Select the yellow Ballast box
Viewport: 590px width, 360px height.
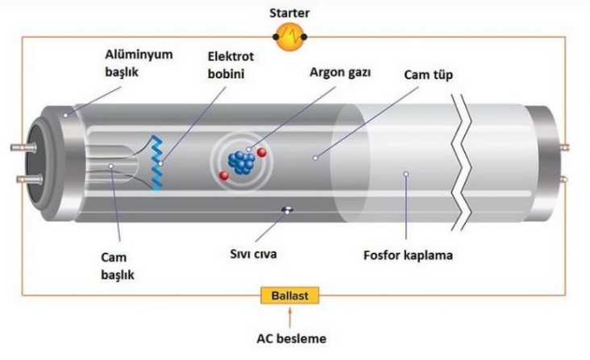[289, 296]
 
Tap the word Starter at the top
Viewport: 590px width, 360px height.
[289, 11]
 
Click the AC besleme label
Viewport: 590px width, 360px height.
[290, 339]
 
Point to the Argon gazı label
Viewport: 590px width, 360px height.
[339, 72]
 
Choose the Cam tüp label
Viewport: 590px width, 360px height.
[427, 76]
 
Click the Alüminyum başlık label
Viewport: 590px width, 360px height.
[131, 63]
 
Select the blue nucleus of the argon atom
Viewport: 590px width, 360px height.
[239, 160]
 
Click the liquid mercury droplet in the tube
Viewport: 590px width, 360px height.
[286, 211]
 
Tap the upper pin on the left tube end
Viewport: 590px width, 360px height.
[19, 148]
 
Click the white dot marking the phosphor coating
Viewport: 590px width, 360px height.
[406, 173]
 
